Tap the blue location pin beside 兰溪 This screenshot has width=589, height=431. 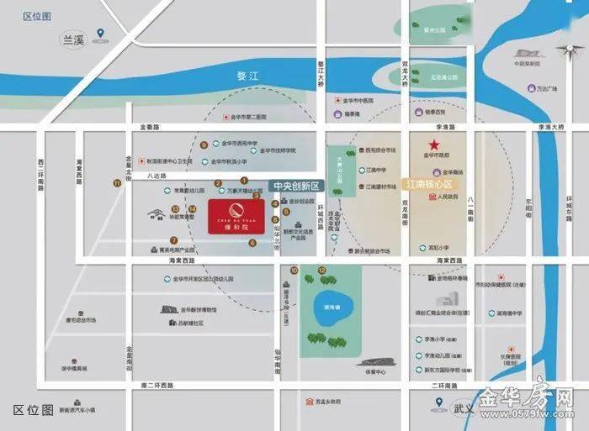[x=101, y=34]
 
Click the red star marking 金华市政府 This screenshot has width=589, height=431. [x=434, y=144]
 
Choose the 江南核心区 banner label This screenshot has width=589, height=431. [x=429, y=183]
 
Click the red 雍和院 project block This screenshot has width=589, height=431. [x=236, y=216]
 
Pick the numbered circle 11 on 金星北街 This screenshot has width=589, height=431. [x=117, y=183]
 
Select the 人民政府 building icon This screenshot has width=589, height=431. [x=433, y=197]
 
